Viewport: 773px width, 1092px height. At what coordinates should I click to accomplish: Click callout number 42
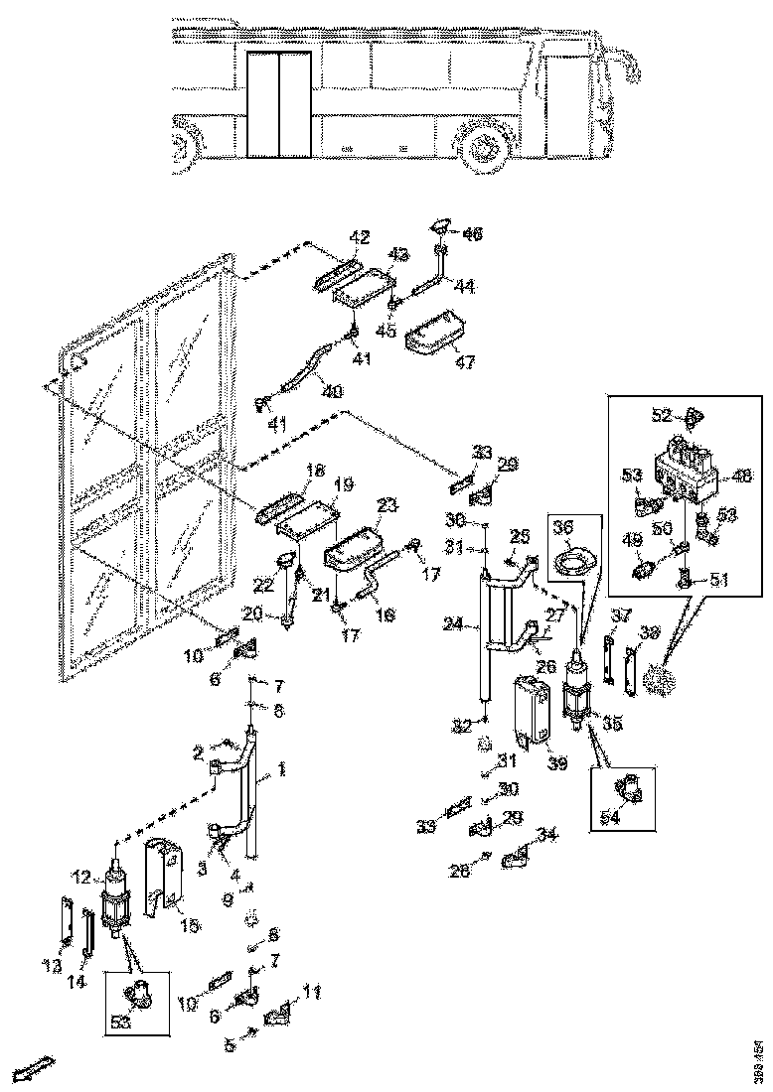[359, 237]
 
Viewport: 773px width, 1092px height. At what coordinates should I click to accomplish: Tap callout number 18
[317, 471]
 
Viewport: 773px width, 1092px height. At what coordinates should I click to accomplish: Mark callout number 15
[189, 925]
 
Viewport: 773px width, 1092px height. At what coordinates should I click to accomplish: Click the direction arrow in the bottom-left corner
[28, 1071]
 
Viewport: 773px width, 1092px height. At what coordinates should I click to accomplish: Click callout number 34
[544, 832]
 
